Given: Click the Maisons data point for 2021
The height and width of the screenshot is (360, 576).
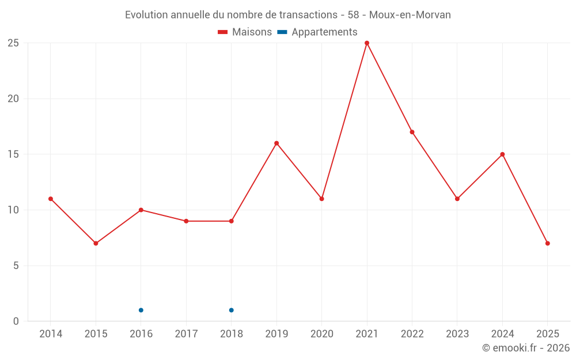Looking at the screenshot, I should pyautogui.click(x=367, y=43).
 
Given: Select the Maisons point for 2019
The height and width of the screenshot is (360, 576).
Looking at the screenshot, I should pyautogui.click(x=276, y=143).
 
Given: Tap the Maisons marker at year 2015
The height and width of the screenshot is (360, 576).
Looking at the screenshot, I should pyautogui.click(x=96, y=244).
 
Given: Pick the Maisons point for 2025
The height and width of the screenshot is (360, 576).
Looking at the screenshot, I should pyautogui.click(x=548, y=244).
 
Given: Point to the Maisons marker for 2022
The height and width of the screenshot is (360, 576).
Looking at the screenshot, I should pyautogui.click(x=412, y=132).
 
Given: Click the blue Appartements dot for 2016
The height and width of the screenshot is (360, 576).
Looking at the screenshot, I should pyautogui.click(x=141, y=310).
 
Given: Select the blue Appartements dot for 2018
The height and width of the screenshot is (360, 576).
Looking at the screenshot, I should pyautogui.click(x=231, y=310).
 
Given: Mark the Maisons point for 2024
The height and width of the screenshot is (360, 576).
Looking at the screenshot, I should pyautogui.click(x=502, y=154).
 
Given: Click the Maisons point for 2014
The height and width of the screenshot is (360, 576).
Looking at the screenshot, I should pyautogui.click(x=51, y=199).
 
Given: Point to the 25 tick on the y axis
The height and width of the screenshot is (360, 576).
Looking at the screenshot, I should pyautogui.click(x=13, y=43).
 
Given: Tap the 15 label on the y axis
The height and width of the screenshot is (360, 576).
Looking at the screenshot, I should pyautogui.click(x=13, y=154).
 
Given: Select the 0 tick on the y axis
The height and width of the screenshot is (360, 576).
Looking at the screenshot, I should pyautogui.click(x=16, y=321).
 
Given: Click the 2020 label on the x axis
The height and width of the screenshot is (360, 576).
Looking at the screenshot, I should pyautogui.click(x=321, y=334).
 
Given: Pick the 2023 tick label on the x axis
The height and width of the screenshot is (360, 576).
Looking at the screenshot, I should pyautogui.click(x=457, y=334).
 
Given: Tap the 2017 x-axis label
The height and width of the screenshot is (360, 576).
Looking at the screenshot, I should pyautogui.click(x=186, y=334).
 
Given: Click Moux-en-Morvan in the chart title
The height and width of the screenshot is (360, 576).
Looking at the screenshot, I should pyautogui.click(x=410, y=14).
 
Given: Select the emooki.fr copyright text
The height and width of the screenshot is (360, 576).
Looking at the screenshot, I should pyautogui.click(x=526, y=348).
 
